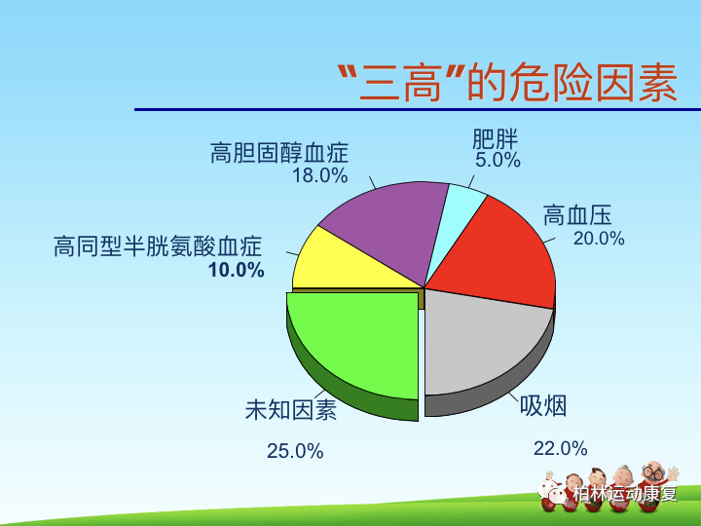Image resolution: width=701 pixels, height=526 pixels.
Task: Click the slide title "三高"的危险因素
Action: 506,82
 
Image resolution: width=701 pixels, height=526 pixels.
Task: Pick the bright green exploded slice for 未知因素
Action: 355,346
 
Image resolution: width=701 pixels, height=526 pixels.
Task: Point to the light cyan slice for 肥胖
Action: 462,205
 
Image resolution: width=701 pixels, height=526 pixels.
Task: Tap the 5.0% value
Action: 498,160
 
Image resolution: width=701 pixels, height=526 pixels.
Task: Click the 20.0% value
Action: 598,239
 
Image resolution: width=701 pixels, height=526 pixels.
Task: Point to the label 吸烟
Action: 543,405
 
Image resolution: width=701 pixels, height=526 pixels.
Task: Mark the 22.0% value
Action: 560,448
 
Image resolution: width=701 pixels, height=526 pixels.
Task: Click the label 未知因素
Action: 290,410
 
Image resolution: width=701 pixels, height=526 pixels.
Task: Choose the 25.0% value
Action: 295,451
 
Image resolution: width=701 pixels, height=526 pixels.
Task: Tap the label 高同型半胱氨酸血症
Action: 158,247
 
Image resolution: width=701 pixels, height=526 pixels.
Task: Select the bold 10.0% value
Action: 236,270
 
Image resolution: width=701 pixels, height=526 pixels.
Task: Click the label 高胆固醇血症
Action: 278,154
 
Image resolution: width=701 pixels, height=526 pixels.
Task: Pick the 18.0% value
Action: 319,175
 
